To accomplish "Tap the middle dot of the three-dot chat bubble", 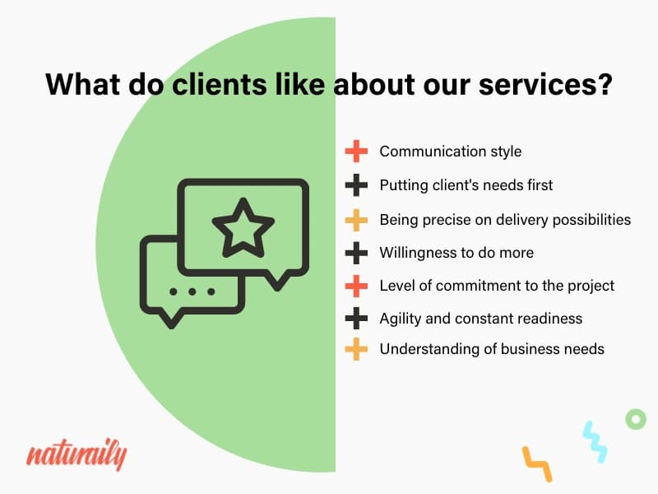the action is [x=192, y=291].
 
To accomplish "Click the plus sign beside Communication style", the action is [x=356, y=151].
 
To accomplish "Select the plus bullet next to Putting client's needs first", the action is [x=356, y=185].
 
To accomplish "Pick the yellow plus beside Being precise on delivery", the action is [x=356, y=220].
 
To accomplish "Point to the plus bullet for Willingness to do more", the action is [x=356, y=253].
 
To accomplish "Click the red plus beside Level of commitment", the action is [x=356, y=286].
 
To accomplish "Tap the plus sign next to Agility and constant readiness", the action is [x=356, y=319].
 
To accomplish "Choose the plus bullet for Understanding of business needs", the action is [x=356, y=349].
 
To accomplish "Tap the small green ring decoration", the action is [x=636, y=419].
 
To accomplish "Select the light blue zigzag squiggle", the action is [x=595, y=442].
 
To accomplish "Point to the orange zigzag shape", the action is [x=537, y=464].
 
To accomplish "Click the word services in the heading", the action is [x=545, y=84].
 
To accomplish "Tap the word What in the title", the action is [x=83, y=84].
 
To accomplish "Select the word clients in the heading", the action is [x=219, y=84].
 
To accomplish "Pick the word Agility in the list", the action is [x=400, y=319].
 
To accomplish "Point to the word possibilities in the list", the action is [x=591, y=220].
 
